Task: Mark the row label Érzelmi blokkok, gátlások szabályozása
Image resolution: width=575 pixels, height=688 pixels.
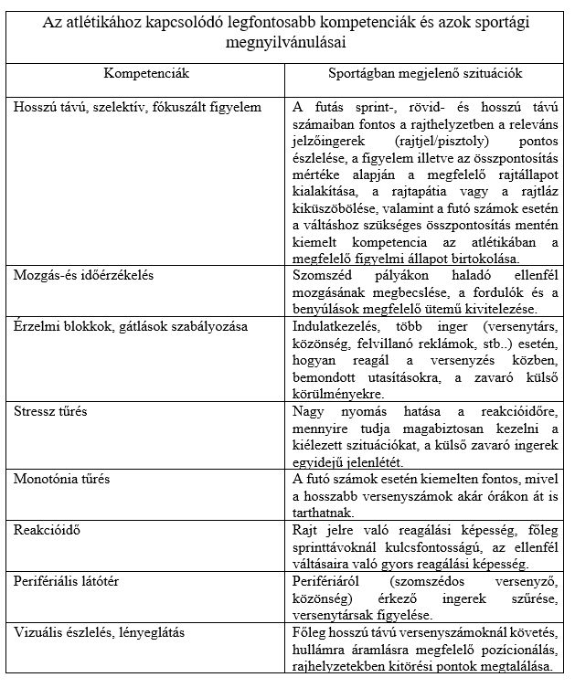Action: pos(118,324)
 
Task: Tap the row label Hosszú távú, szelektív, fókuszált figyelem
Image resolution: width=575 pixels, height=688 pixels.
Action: pos(138,107)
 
